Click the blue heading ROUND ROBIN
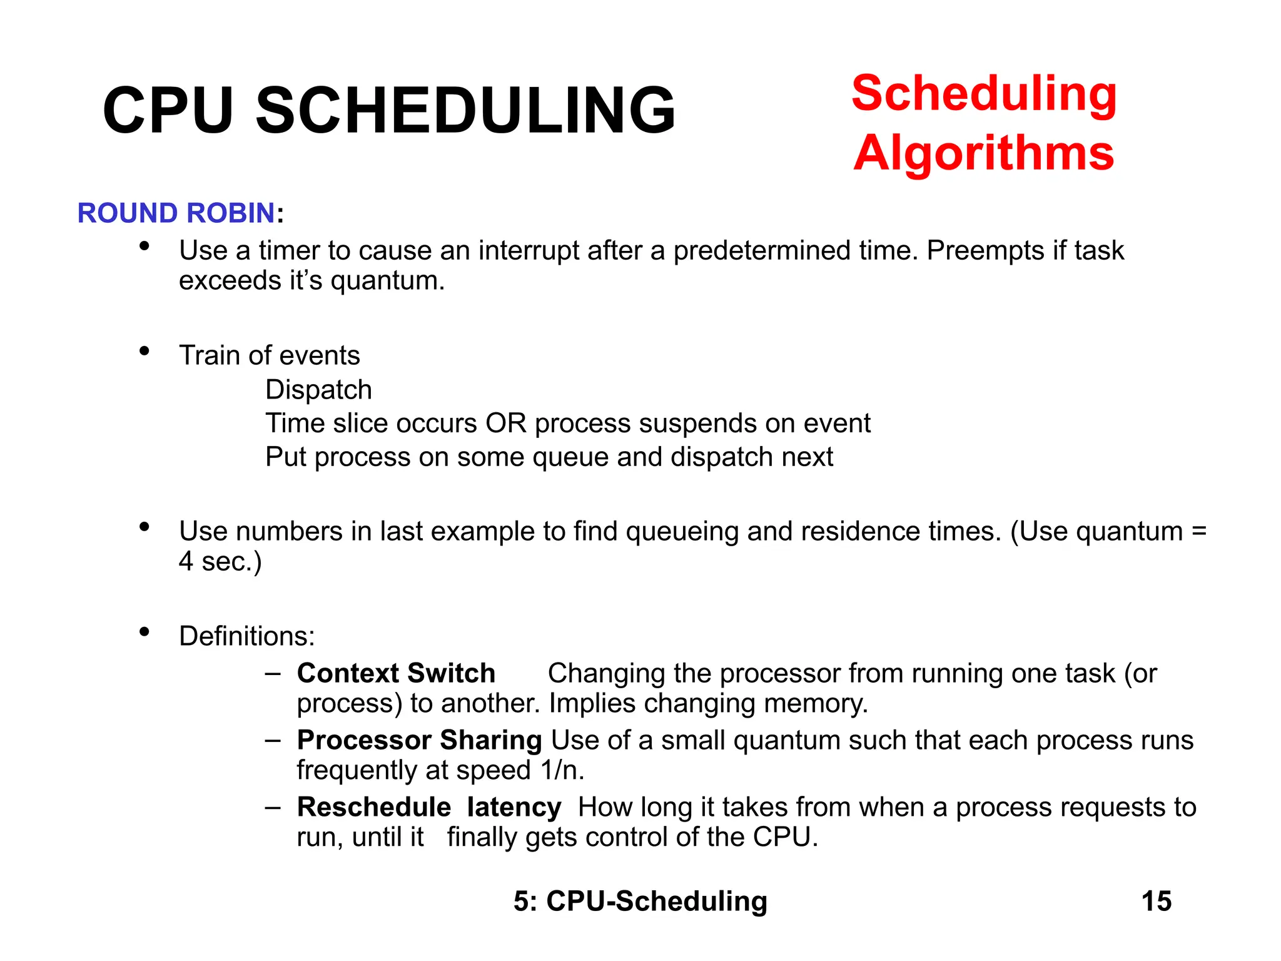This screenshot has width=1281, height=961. pos(176,213)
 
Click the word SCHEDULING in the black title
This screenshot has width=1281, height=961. pos(465,111)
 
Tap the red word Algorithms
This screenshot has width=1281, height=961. pos(984,153)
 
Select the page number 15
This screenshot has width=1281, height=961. pos(1156,901)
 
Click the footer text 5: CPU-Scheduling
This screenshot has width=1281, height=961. pos(640,901)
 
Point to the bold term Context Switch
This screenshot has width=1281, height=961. pos(396,673)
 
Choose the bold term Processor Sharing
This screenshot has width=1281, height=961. pos(419,740)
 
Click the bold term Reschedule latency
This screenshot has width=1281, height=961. pos(428,807)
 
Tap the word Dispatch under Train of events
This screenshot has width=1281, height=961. pos(318,390)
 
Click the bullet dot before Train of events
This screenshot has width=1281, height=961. pos(144,351)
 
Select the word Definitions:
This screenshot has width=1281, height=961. pos(247,636)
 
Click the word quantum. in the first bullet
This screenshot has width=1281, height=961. pos(387,281)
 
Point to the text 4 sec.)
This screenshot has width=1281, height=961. pos(220,561)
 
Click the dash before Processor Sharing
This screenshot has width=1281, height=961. pos(272,740)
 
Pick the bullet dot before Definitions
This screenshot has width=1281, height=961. pos(144,632)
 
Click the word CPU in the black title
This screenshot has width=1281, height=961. pos(168,111)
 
